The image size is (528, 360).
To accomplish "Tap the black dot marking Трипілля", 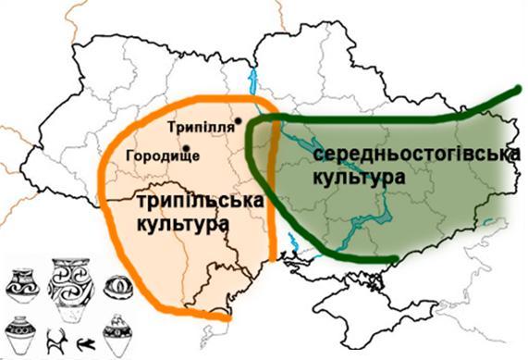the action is pyautogui.click(x=239, y=120).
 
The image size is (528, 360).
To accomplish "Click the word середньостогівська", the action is pyautogui.click(x=412, y=155).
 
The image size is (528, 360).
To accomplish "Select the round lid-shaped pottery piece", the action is pyautogui.click(x=117, y=286).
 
